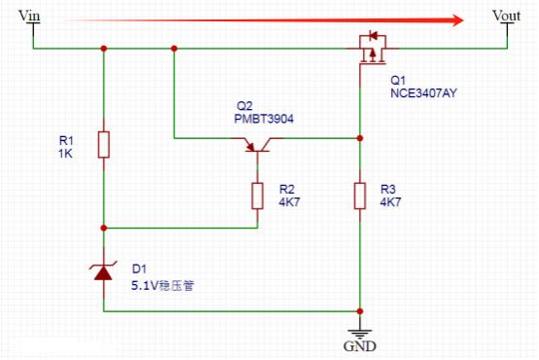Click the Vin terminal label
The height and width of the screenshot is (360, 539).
pos(29,16)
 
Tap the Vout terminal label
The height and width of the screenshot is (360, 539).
pos(506,16)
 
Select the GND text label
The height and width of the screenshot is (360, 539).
pos(360,346)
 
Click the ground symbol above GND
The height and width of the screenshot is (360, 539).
pos(360,333)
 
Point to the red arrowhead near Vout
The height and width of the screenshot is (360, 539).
pos(457,20)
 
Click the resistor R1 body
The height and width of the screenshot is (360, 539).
pos(104,145)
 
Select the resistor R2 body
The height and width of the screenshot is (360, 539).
pos(258,196)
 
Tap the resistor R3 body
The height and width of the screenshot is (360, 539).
pos(360,196)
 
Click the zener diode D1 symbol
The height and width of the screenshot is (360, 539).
pos(103,271)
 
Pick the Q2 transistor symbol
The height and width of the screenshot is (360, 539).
pos(258,144)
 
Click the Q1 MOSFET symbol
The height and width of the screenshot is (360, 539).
pos(373,48)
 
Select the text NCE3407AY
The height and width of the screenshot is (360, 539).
pos(423,93)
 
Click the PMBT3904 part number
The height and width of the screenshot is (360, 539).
pos(264,119)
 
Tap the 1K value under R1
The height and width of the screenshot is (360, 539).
pos(65,154)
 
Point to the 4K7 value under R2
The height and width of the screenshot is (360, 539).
pos(289,201)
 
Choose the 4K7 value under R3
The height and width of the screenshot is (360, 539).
pos(390,201)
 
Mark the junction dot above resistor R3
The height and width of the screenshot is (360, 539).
pos(360,138)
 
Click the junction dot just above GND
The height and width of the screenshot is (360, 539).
pos(360,311)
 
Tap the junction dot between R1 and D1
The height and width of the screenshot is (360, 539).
pos(104,228)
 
